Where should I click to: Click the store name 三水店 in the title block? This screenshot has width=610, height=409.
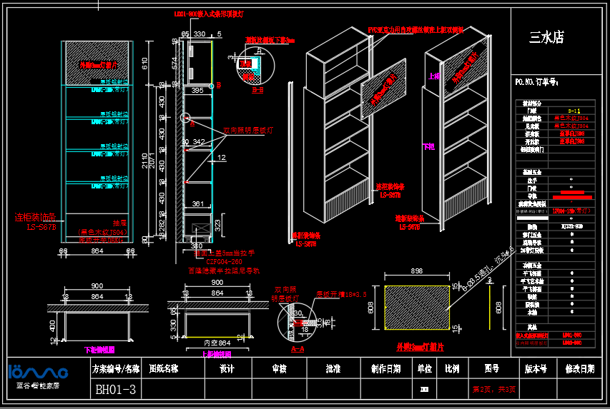tap(547, 36)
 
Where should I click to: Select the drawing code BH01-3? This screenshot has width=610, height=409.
tap(116, 390)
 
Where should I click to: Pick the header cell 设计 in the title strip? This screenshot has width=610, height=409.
tap(227, 369)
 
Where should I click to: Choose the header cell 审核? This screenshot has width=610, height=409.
tap(279, 369)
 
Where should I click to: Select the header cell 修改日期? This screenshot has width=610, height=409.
tap(579, 369)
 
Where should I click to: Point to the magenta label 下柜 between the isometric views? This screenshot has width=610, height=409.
tap(428, 146)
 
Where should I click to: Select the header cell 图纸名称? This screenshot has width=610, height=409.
tap(164, 369)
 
